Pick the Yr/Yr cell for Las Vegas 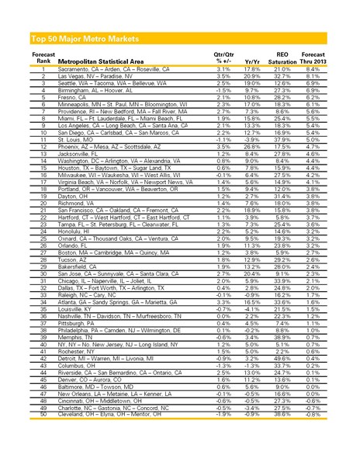tap(251, 77)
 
